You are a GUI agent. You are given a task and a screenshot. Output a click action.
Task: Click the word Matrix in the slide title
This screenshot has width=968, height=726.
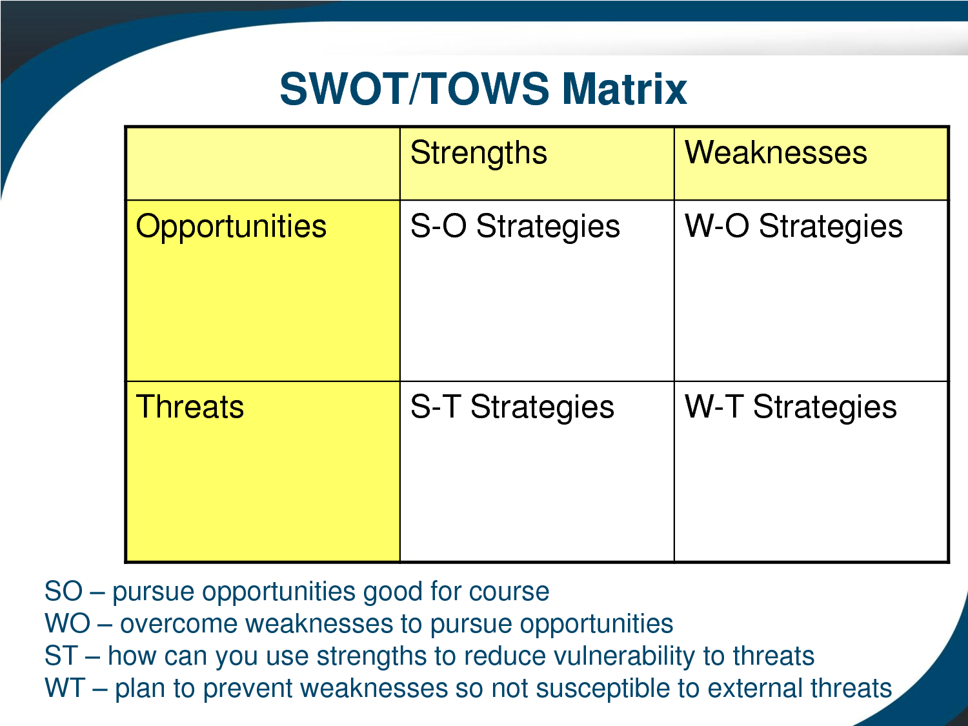[624, 89]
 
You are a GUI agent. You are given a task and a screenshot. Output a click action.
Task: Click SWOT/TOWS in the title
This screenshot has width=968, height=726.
[414, 89]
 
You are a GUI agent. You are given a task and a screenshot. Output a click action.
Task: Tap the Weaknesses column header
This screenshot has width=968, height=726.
[776, 152]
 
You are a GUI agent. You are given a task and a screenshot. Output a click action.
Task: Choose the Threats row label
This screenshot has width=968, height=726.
[190, 407]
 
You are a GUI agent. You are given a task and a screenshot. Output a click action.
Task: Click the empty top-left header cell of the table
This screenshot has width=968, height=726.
[263, 163]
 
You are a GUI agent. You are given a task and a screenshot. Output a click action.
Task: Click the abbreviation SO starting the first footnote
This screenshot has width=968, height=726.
[63, 591]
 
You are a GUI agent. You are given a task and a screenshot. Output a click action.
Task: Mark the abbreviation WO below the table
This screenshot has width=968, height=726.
[68, 624]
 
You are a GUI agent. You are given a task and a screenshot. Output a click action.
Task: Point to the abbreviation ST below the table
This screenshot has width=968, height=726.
[62, 656]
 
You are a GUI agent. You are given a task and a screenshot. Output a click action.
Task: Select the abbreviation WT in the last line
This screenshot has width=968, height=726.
[65, 688]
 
